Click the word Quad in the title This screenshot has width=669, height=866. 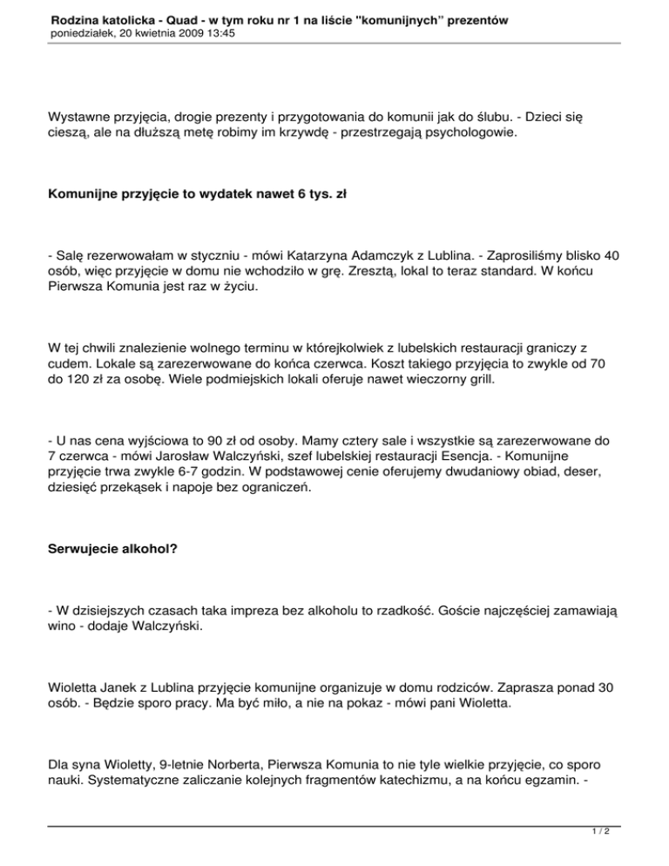[172, 18]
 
